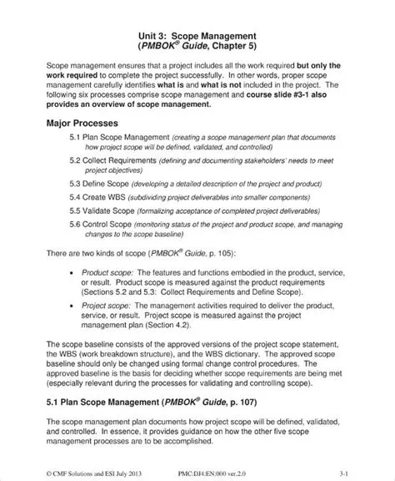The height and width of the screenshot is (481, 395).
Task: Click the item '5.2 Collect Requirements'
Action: coord(110,163)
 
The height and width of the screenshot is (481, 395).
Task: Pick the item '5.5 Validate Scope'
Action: coord(103,214)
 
